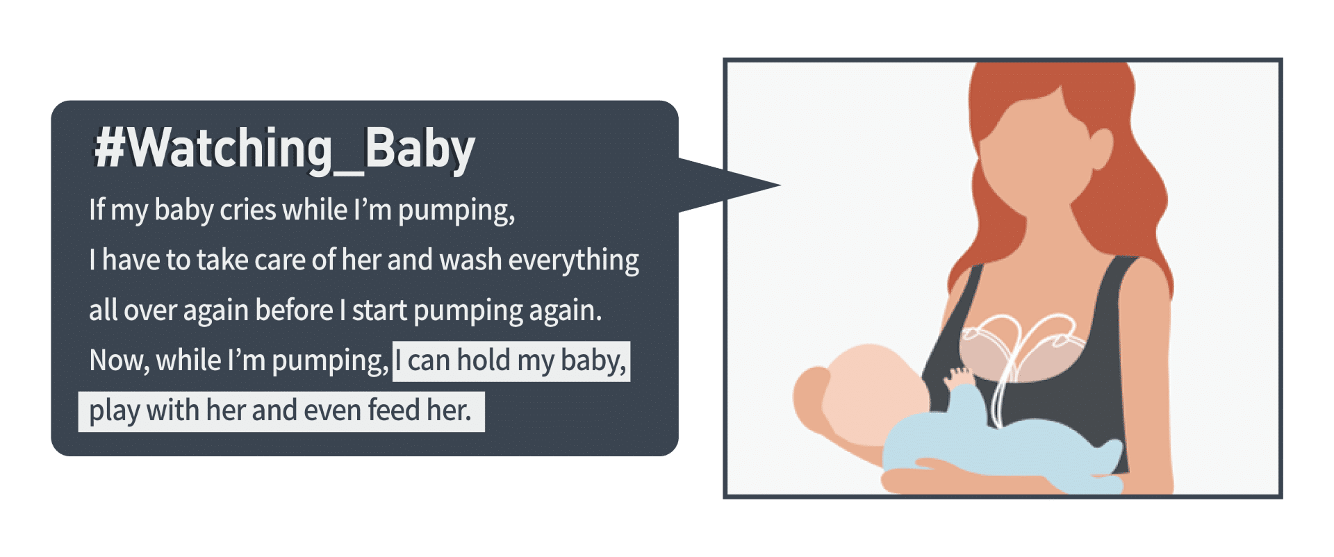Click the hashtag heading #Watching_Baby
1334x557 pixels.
[285, 149]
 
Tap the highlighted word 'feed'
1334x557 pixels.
[394, 410]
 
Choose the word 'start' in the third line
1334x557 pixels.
[379, 310]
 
